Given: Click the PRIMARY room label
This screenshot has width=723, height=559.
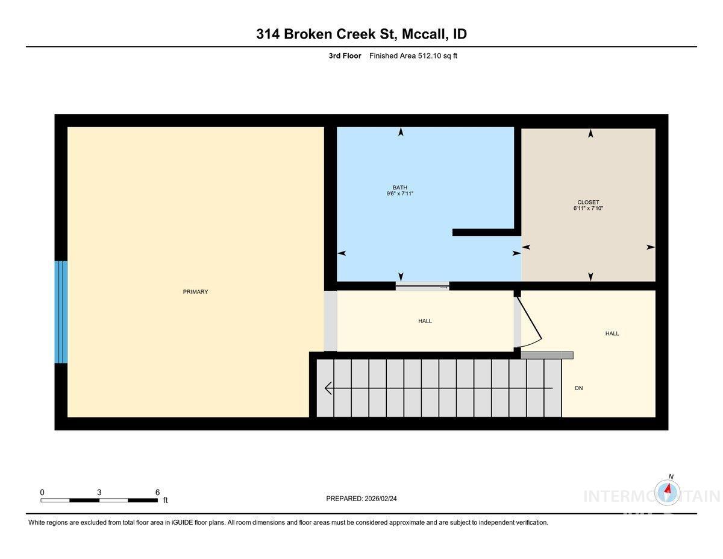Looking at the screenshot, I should coord(195,292).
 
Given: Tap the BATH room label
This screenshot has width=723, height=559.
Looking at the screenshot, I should coord(401,188).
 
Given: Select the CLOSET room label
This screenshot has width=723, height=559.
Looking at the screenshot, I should coord(588,203).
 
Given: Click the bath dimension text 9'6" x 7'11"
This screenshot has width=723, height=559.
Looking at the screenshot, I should coord(401,194).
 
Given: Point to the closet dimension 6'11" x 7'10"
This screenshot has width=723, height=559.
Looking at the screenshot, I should coord(588,209).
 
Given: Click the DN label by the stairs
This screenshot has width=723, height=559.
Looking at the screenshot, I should coord(578,388).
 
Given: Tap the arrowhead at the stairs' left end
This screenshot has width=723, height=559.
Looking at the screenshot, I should coord(328,388).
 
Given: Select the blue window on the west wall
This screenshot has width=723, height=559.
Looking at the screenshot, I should coord(61,312).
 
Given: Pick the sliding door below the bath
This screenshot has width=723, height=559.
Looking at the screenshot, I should coord(422,286).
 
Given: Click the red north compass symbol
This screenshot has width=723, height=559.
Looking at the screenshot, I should coord(668,490).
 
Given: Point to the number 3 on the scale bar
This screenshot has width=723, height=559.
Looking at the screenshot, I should coord(99,492).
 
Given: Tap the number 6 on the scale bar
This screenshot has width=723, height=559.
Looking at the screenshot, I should coord(157,492).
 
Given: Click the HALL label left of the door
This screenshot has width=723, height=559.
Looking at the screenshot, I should coord(425,321).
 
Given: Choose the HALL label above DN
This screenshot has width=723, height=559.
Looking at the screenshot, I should coord(612,333).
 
